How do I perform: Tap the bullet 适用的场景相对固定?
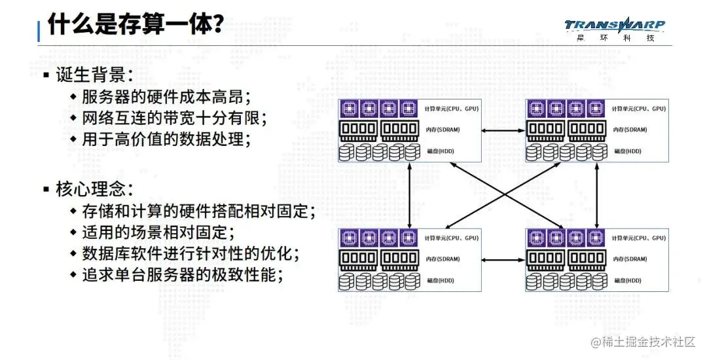pos(158,232)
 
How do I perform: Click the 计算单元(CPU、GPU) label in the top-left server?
pos(451,109)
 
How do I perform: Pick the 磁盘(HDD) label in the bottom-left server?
pos(438,280)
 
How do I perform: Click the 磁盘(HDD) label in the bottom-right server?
pos(627,280)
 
